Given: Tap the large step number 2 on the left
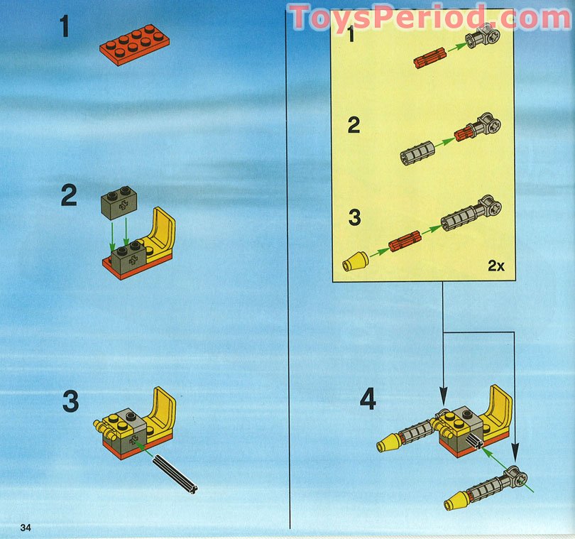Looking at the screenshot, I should [68, 195].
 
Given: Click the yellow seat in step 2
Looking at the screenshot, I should [161, 235].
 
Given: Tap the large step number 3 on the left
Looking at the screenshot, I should [70, 401].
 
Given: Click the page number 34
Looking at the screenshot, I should [26, 527].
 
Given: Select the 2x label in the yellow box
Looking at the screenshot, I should [495, 266].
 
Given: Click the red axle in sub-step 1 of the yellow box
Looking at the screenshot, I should [429, 58].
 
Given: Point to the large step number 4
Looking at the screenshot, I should [367, 400].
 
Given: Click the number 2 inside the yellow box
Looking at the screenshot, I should [353, 126].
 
